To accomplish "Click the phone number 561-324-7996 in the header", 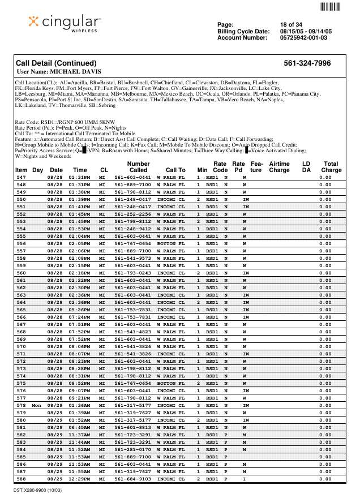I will (x=307, y=63).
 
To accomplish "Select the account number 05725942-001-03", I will (x=303, y=38).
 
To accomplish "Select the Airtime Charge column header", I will (x=279, y=166).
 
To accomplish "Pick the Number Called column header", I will (x=138, y=166).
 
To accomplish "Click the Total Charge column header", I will (x=331, y=166).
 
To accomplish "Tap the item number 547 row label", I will (x=21, y=177).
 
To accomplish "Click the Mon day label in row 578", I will (x=37, y=406).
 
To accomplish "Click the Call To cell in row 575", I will (x=170, y=383).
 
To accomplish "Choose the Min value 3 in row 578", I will (x=199, y=406).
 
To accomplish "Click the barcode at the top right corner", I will (x=331, y=7).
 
